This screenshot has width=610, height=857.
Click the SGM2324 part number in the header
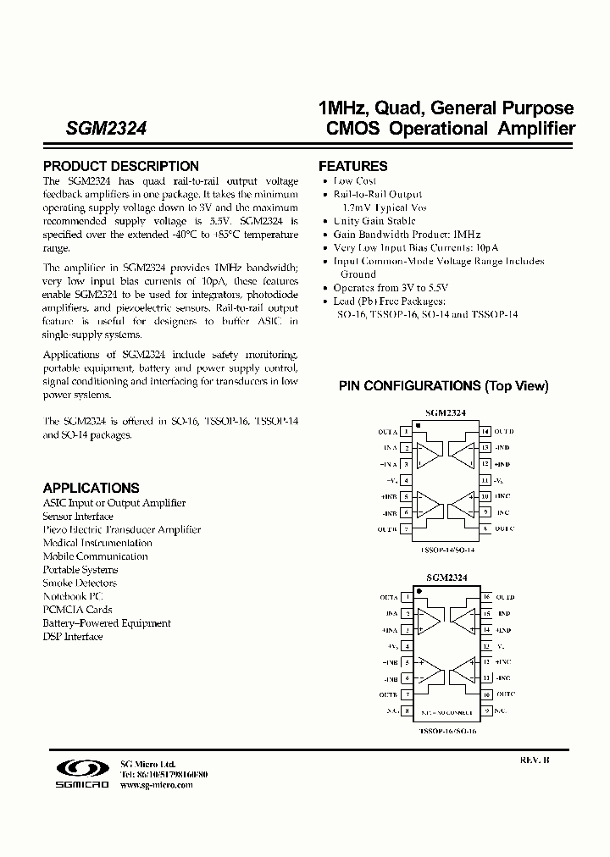click(107, 130)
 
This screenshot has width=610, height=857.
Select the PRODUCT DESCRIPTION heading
click(121, 167)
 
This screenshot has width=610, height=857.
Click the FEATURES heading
click(352, 167)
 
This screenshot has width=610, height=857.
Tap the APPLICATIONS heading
click(91, 489)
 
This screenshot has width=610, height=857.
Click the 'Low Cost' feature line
click(355, 181)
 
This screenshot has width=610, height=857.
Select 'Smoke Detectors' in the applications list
click(80, 583)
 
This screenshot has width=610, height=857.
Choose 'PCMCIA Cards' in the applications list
click(77, 610)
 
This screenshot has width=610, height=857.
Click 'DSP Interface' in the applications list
click(73, 637)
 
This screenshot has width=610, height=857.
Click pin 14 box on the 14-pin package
click(484, 432)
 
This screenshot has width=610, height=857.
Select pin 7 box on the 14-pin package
click(407, 529)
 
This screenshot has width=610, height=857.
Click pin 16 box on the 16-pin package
click(486, 597)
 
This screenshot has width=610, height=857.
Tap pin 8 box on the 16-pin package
click(407, 711)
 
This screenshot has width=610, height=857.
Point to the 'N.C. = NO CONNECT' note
click(446, 712)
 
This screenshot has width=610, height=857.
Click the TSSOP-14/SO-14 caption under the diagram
click(446, 549)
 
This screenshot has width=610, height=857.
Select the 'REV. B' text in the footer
click(535, 760)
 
